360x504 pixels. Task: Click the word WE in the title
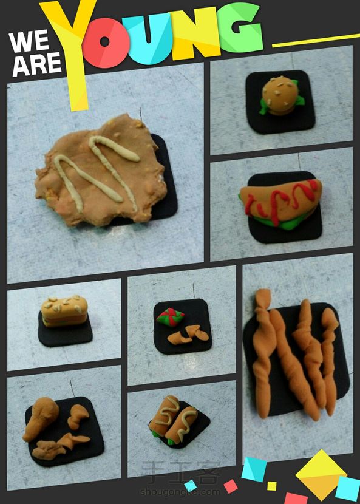coord(29,42)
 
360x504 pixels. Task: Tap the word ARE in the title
coord(36,64)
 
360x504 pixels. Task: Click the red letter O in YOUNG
coord(106,43)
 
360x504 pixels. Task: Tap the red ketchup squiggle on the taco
coord(280,200)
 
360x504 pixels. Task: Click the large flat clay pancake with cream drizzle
coord(101,171)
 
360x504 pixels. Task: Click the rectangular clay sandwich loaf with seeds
coord(64,311)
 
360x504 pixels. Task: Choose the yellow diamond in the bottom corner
coord(321,474)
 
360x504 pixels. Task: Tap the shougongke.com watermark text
coord(180,492)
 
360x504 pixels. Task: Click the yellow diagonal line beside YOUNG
coord(316,41)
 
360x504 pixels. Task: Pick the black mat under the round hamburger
coord(280,102)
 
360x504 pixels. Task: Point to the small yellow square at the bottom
coord(271,486)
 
